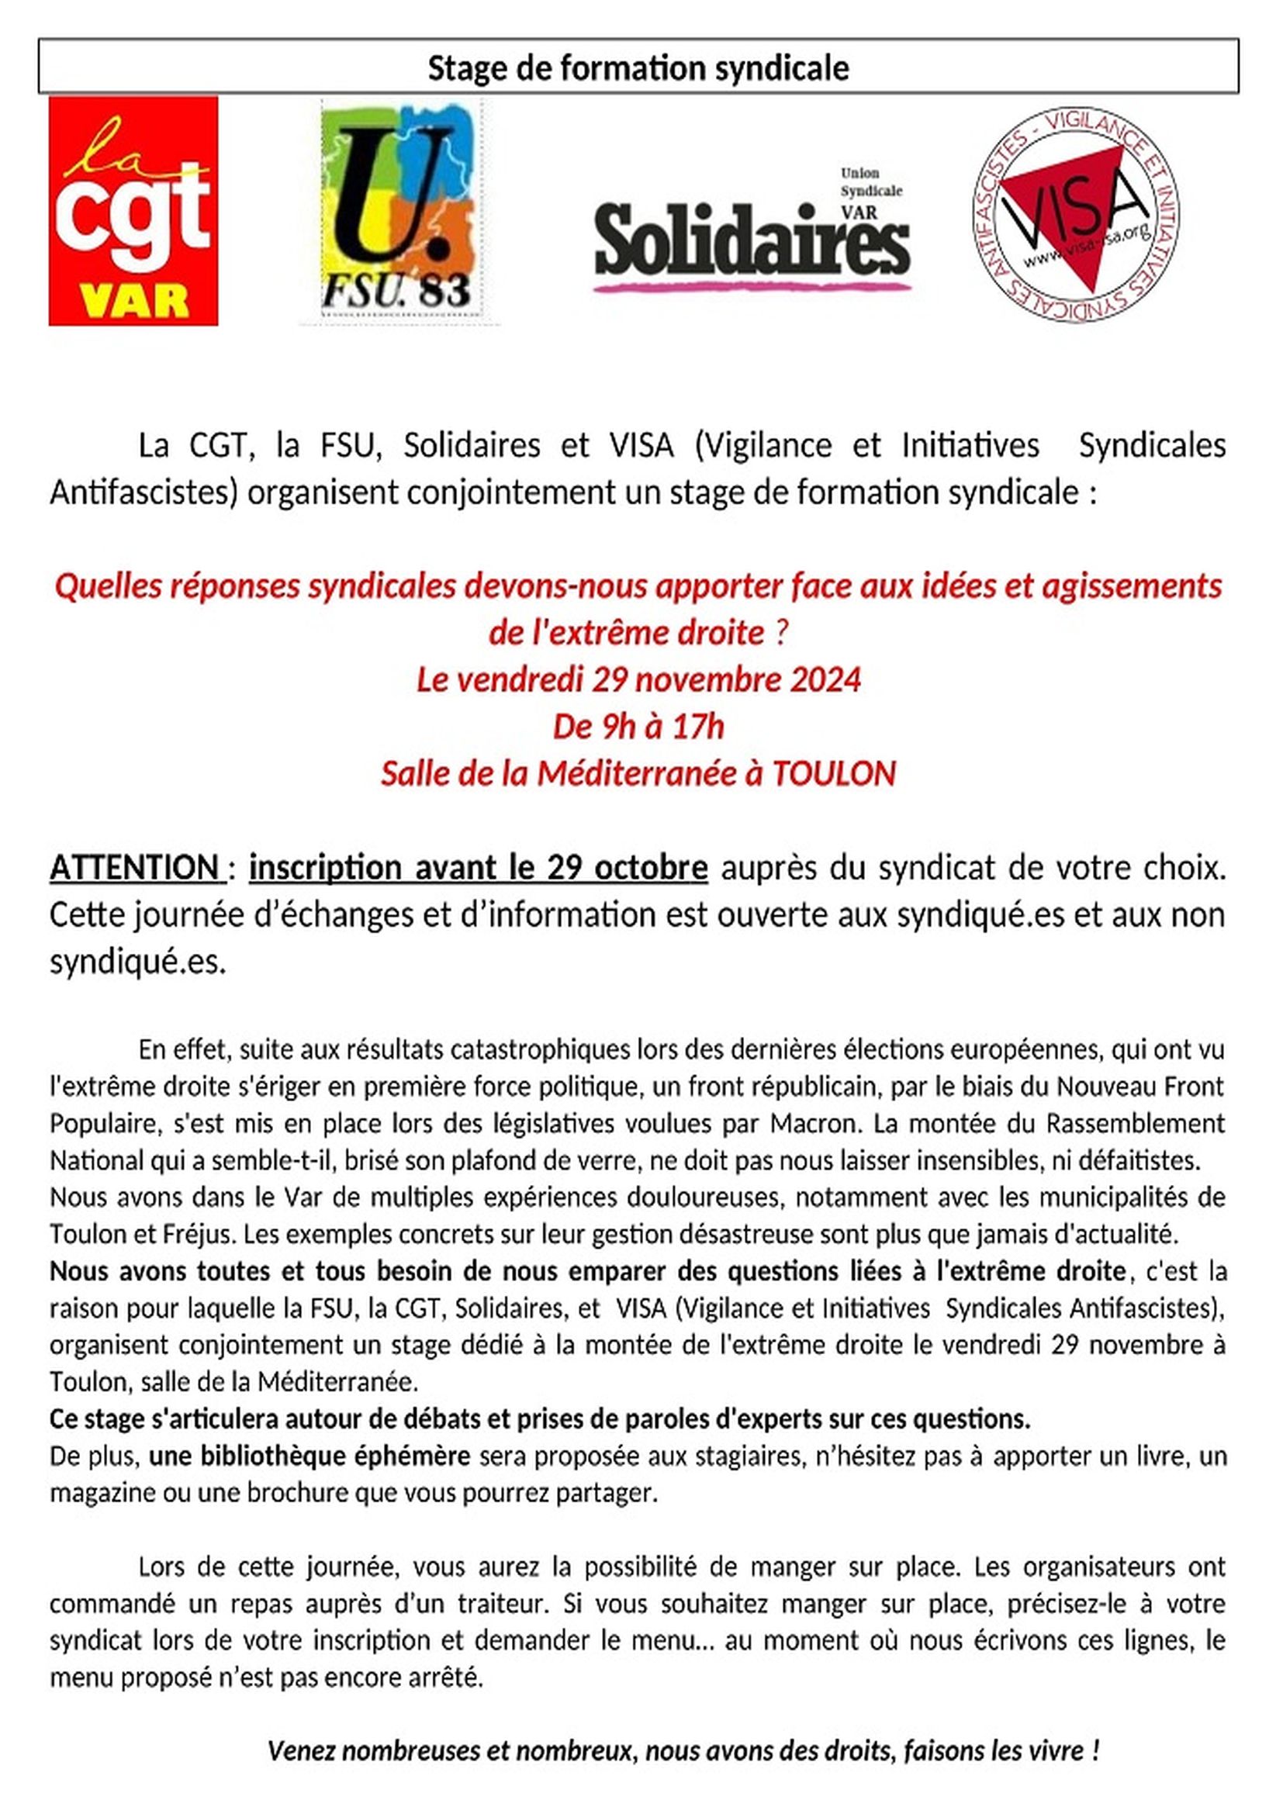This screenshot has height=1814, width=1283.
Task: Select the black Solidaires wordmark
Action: click(x=752, y=238)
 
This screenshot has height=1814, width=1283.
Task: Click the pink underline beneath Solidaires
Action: click(x=752, y=288)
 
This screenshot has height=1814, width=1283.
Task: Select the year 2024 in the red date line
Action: click(x=825, y=680)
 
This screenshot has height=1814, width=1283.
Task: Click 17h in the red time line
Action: click(x=697, y=727)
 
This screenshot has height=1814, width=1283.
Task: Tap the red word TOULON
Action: click(x=833, y=773)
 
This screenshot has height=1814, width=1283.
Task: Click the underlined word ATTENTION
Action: click(x=135, y=868)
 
